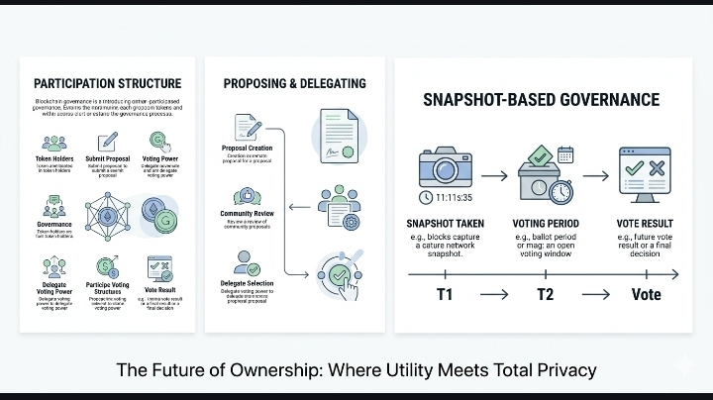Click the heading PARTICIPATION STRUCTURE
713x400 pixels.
click(107, 83)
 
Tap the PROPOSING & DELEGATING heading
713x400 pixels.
click(294, 83)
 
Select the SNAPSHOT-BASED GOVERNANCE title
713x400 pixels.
click(541, 100)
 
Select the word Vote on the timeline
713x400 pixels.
click(646, 295)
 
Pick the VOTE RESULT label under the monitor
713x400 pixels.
click(645, 223)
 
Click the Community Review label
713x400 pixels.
click(248, 214)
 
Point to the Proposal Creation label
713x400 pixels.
click(247, 150)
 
